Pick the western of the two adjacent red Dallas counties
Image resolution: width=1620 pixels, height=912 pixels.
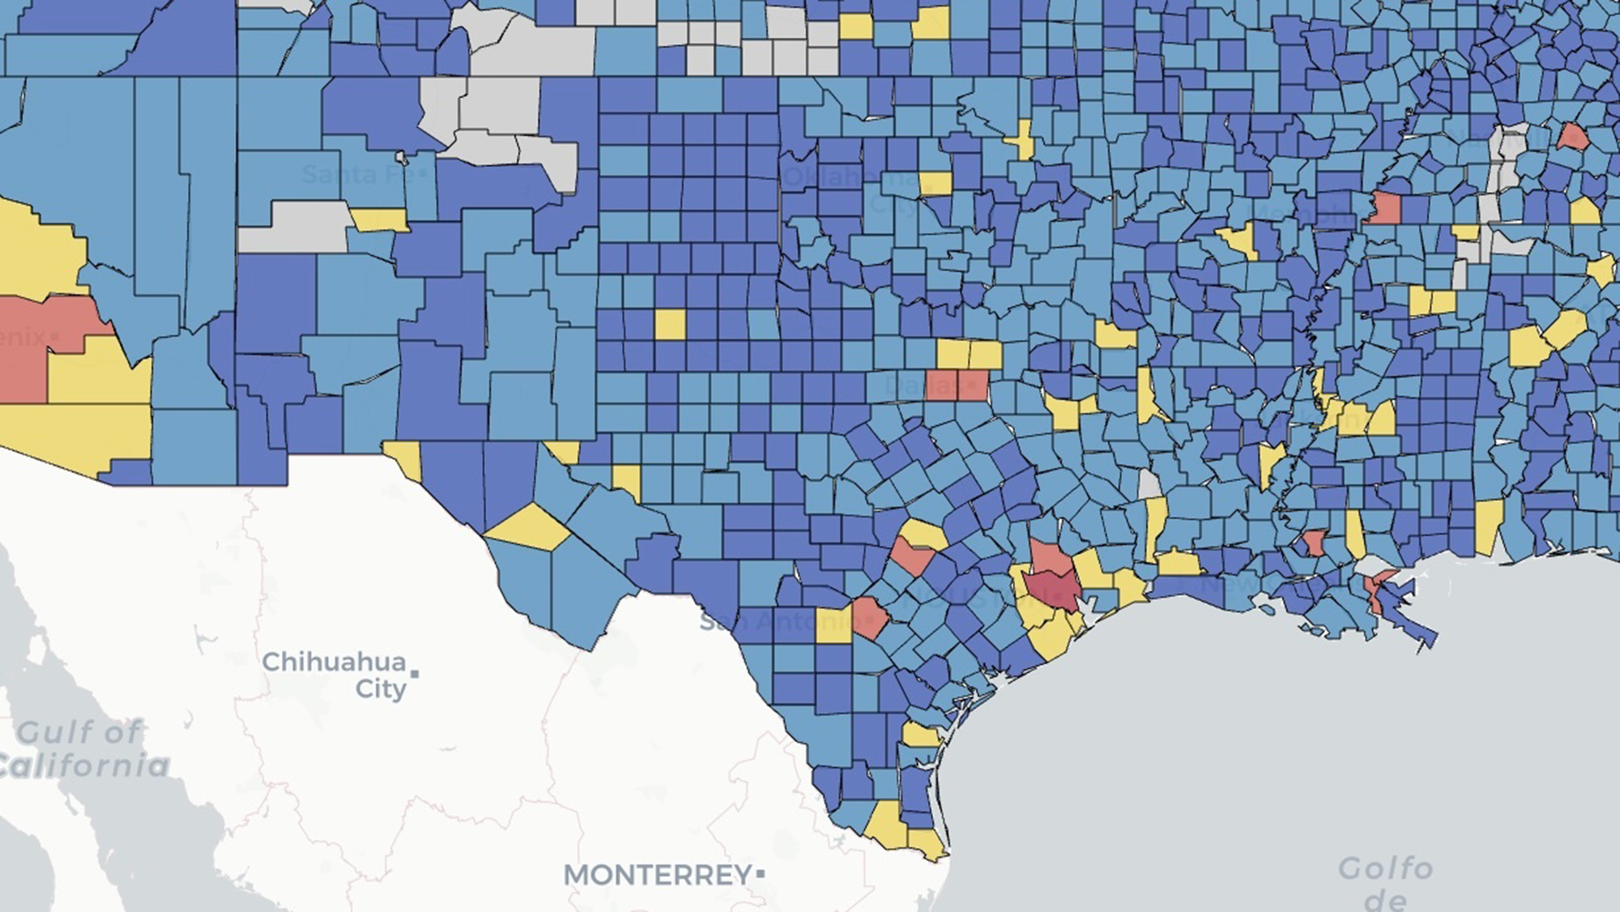pyautogui.click(x=940, y=385)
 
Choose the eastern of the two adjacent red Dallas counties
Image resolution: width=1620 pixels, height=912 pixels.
pyautogui.click(x=973, y=385)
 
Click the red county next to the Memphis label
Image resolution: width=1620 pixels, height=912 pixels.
pyautogui.click(x=1383, y=208)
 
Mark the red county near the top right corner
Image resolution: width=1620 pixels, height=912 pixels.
pyautogui.click(x=1573, y=136)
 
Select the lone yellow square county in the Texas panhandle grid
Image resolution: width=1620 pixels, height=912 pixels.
pyautogui.click(x=669, y=324)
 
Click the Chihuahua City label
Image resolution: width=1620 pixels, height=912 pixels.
pyautogui.click(x=334, y=675)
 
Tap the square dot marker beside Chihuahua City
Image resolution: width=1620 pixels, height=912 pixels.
pyautogui.click(x=415, y=673)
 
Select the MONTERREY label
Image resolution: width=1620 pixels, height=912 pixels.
pyautogui.click(x=657, y=875)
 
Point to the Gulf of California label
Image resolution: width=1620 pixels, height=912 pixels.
pyautogui.click(x=81, y=748)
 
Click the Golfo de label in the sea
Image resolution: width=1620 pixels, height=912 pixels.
pyautogui.click(x=1385, y=881)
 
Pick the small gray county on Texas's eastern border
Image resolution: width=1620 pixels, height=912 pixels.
pyautogui.click(x=1149, y=484)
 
